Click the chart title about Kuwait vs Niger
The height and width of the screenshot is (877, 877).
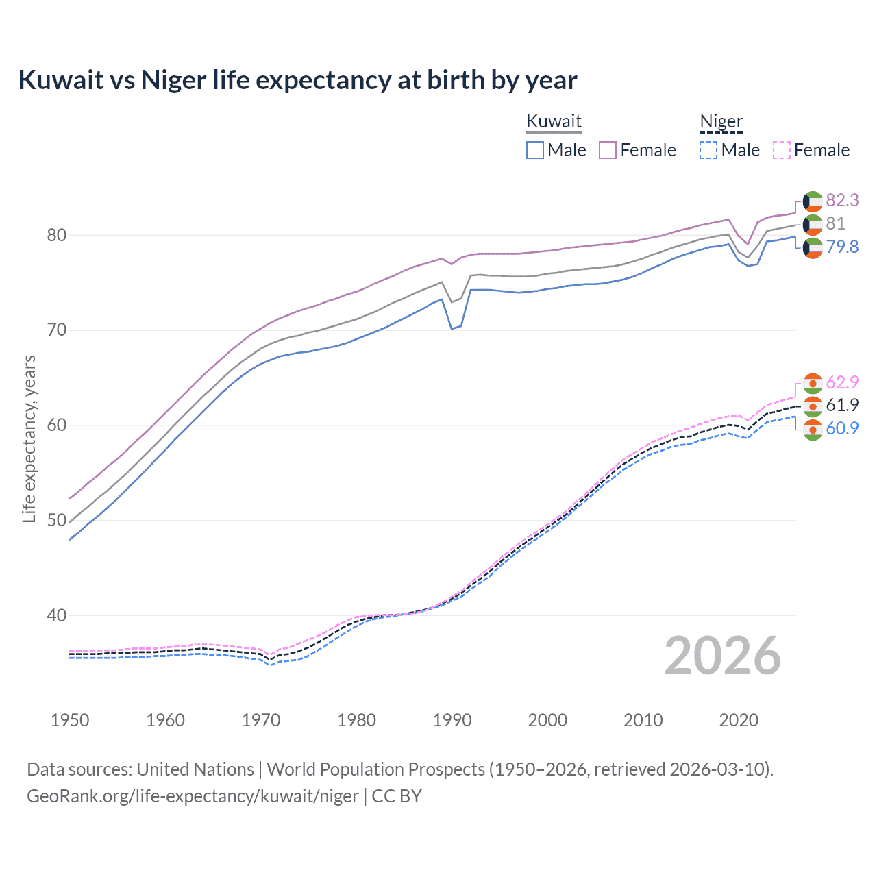297,80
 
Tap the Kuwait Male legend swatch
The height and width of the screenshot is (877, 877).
535,150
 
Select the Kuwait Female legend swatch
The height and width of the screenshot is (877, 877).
608,150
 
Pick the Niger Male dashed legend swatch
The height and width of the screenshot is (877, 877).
708,150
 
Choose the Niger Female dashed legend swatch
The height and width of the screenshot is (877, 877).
781,150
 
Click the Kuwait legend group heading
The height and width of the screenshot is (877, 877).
554,122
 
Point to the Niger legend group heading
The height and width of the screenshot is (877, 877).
721,122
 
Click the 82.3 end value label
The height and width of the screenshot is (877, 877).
842,200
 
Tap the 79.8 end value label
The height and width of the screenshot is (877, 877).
842,247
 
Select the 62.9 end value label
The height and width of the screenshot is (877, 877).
842,382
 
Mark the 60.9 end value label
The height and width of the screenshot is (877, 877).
842,428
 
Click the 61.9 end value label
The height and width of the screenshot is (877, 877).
842,405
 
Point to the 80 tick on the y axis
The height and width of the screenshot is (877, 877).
56,235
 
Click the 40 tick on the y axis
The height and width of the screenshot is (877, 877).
56,615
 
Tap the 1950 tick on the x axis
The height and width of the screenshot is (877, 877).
70,720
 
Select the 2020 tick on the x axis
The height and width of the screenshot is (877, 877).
739,720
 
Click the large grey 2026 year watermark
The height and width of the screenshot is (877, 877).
723,656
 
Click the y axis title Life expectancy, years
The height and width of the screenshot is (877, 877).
29,438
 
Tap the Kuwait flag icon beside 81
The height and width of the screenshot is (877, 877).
813,224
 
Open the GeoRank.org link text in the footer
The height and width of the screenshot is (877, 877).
193,796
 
